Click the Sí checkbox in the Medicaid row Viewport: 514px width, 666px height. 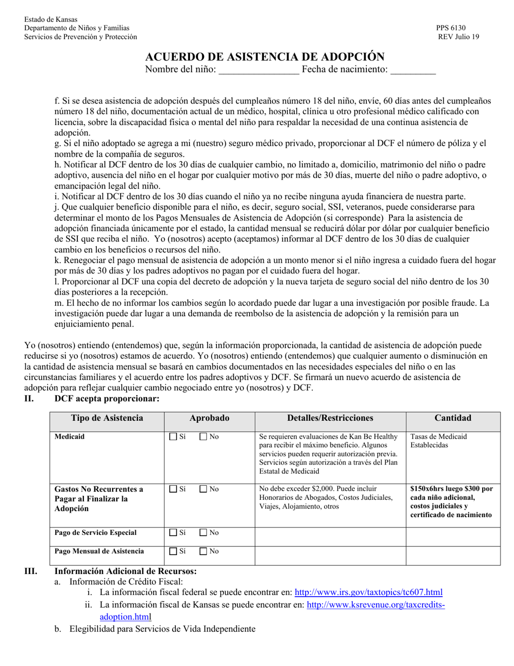[173, 436]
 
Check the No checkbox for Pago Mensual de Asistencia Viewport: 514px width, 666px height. [203, 551]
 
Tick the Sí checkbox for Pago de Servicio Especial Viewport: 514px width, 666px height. [173, 533]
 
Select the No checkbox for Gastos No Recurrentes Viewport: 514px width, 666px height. [203, 489]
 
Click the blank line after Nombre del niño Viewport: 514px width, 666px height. [259, 69]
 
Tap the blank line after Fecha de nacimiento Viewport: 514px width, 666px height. [413, 69]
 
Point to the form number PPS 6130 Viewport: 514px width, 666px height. [451, 28]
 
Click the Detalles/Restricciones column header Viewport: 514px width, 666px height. [330, 418]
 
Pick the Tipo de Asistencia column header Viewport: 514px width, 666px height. [107, 418]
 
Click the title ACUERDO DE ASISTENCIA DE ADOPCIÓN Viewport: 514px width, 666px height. [265, 56]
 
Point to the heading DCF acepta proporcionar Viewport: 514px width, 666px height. [107, 399]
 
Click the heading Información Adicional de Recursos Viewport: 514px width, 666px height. [126, 571]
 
